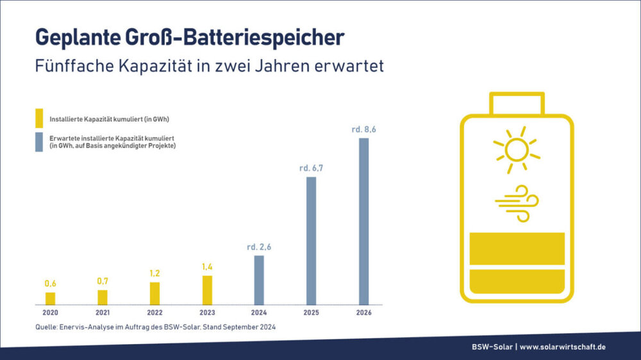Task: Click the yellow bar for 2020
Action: (x=50, y=299)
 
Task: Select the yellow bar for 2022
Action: (x=154, y=293)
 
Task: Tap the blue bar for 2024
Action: (x=259, y=280)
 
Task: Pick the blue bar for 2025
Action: (x=312, y=240)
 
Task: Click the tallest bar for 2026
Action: (x=363, y=221)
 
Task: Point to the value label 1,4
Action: (x=207, y=266)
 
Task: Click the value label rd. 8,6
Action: (x=363, y=129)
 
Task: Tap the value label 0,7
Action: (x=103, y=281)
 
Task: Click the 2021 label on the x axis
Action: (x=103, y=313)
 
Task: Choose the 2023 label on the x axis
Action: (x=207, y=313)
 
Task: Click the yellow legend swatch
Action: (x=39, y=119)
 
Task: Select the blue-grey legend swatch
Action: (x=39, y=142)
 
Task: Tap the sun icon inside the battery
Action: (x=516, y=150)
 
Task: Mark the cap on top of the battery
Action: (x=516, y=102)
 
